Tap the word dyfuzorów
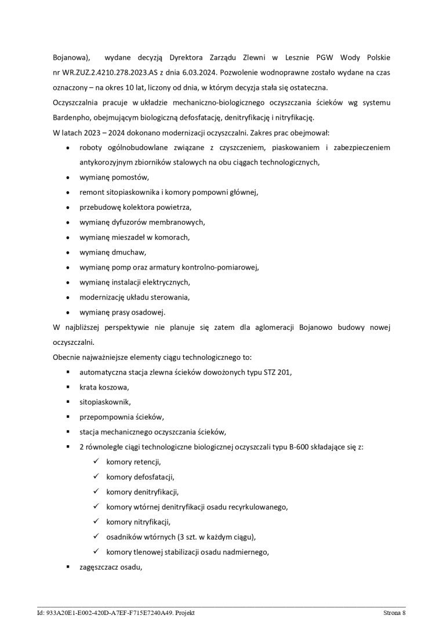(x=133, y=222)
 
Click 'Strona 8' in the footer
(x=394, y=613)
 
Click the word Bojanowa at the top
(x=71, y=59)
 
